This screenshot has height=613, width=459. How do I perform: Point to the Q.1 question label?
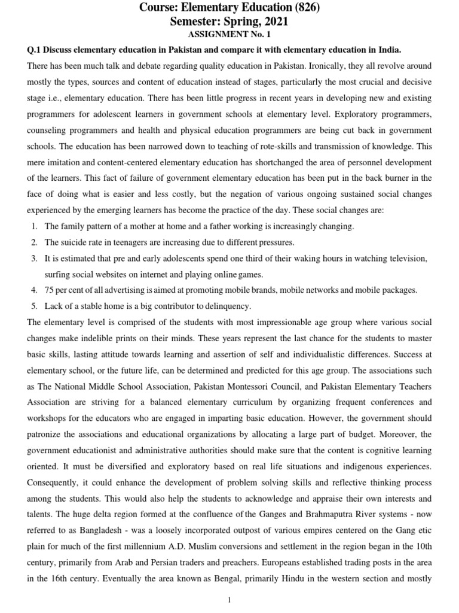click(x=35, y=49)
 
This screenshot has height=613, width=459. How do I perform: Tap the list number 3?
click(x=35, y=259)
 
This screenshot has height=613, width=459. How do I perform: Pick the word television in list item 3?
click(x=407, y=259)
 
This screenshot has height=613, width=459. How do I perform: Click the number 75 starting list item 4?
click(x=50, y=290)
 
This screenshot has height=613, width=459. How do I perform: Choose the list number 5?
click(x=35, y=306)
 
